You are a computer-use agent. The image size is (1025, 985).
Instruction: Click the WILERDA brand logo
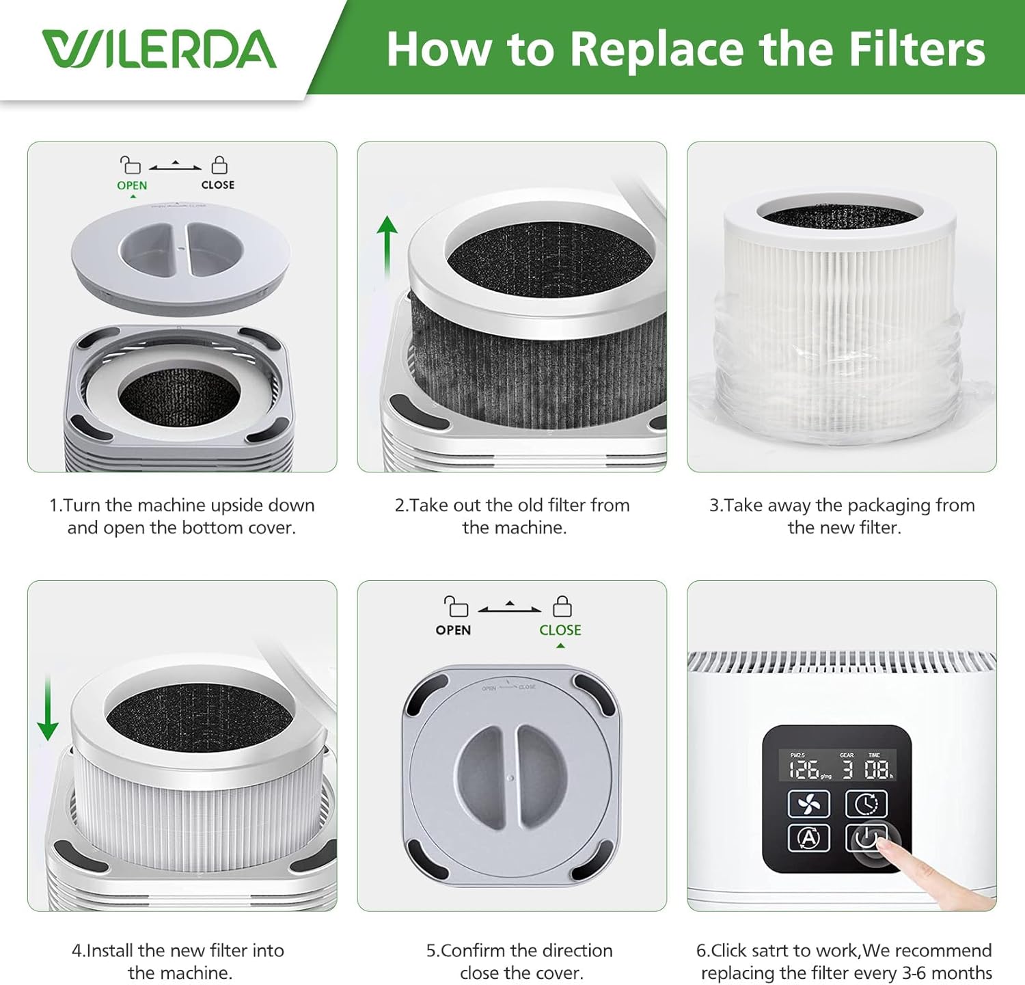tap(159, 49)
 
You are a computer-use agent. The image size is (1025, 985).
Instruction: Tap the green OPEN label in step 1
tap(132, 185)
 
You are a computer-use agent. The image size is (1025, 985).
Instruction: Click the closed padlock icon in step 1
tap(219, 165)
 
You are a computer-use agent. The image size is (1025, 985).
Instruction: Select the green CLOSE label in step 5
tap(560, 630)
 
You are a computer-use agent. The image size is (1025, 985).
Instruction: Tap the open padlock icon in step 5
tap(456, 606)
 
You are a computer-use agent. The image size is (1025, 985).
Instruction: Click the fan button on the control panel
tap(808, 804)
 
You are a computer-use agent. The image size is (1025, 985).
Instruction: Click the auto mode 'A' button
tap(808, 838)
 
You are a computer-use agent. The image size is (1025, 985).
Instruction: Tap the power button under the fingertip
tap(866, 837)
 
